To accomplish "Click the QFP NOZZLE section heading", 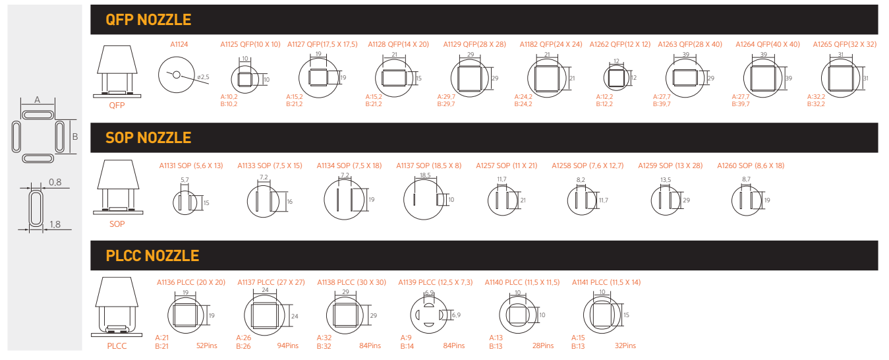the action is point(148,20).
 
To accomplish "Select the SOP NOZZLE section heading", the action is point(148,138).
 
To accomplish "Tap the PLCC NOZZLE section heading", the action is point(152,256).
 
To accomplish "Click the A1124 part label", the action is point(179,44).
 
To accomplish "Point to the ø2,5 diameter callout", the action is point(203,77).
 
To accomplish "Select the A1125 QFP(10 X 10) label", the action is point(250,44).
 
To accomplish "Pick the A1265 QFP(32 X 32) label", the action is point(845,44).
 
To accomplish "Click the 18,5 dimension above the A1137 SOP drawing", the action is point(425,175).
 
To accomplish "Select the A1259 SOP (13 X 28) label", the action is point(670,165).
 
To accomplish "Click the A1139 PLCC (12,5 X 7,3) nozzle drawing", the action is point(435,312).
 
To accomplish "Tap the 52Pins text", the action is point(207,345).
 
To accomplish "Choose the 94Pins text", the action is point(288,345).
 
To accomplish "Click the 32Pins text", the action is point(625,345).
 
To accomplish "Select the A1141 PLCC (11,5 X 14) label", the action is point(606,282).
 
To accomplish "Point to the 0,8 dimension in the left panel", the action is point(55,182).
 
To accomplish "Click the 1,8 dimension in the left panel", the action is point(55,225).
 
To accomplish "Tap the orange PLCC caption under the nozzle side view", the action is point(117,346).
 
